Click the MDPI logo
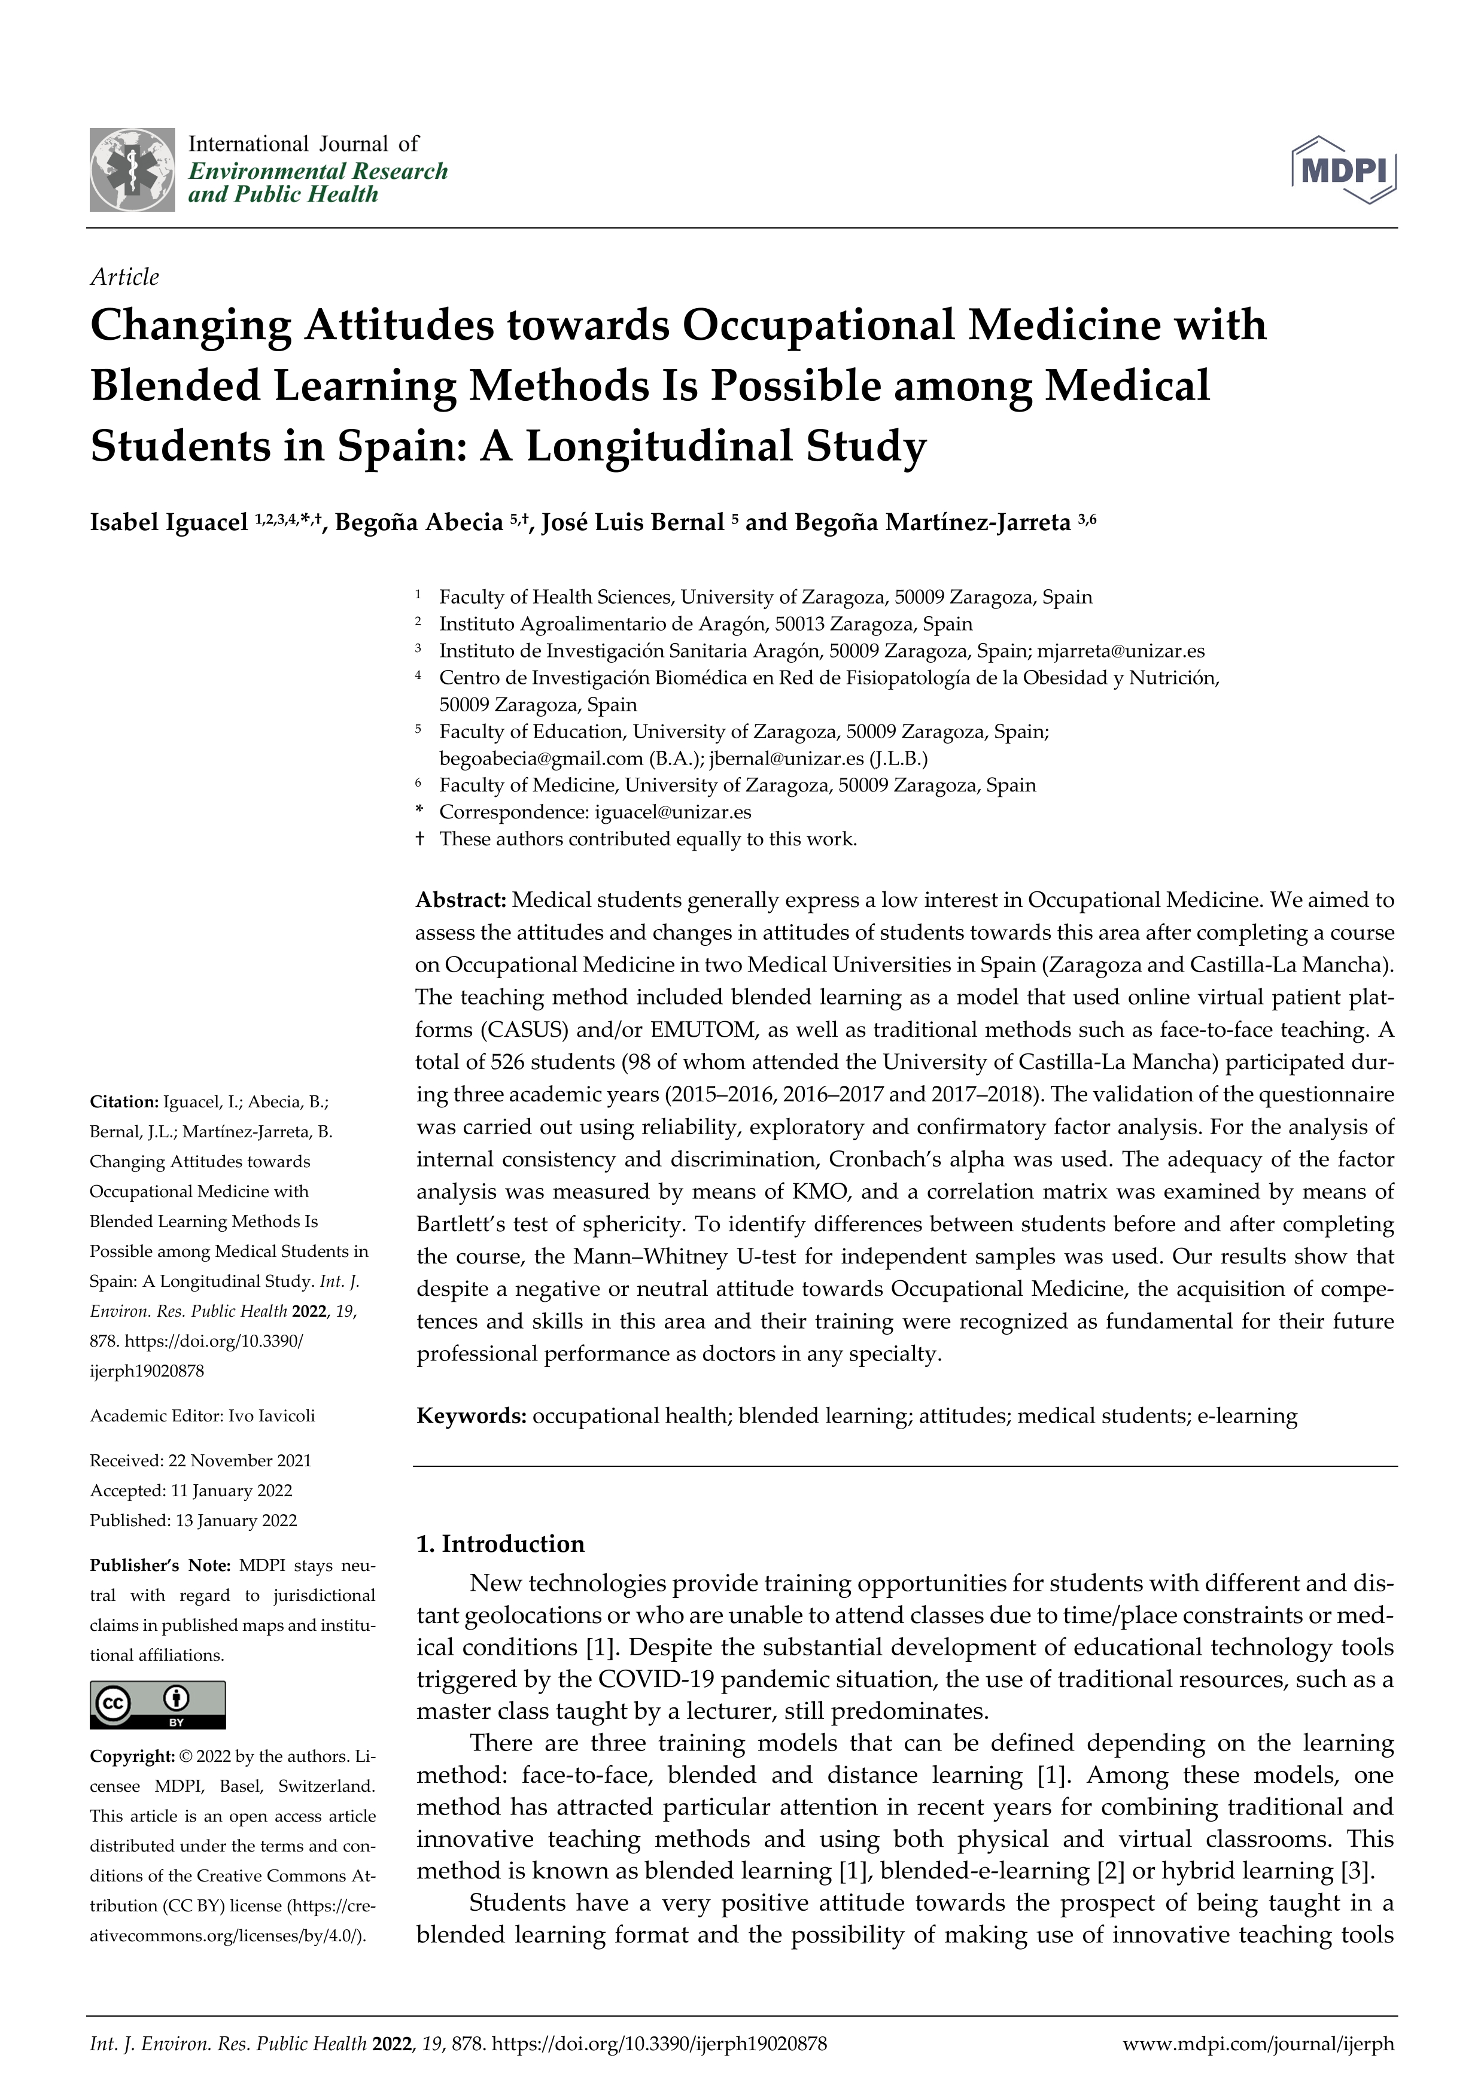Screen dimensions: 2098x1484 1343,169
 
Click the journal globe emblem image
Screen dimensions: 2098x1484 132,170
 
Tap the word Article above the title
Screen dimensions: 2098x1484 124,277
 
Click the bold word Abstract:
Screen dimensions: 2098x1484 461,900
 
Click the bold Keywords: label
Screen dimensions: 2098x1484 470,1417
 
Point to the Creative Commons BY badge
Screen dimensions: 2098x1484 157,1704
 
